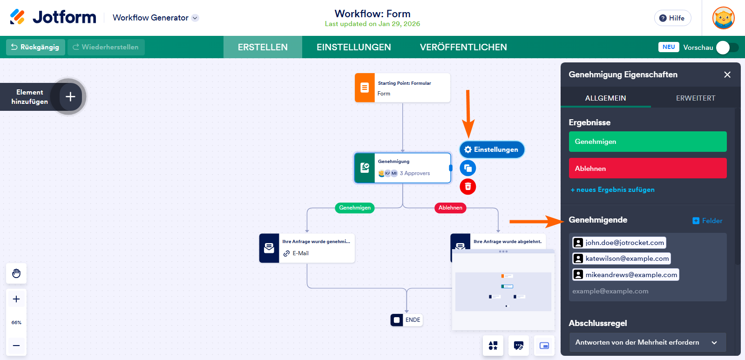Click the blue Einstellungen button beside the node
(492, 149)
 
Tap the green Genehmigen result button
(647, 142)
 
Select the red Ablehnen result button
(647, 168)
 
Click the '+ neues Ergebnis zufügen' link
(612, 190)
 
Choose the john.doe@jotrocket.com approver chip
(619, 243)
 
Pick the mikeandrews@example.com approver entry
(625, 275)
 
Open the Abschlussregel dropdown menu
(647, 342)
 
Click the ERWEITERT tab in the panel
(695, 98)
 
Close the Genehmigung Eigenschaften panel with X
(727, 75)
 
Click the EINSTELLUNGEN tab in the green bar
(353, 47)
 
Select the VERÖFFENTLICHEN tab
(463, 47)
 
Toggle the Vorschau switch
(727, 48)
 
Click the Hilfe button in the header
(672, 18)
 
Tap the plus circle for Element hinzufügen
(70, 96)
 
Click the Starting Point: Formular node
(402, 88)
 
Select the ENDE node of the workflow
(406, 320)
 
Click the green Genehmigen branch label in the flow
(354, 208)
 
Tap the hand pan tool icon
(16, 273)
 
